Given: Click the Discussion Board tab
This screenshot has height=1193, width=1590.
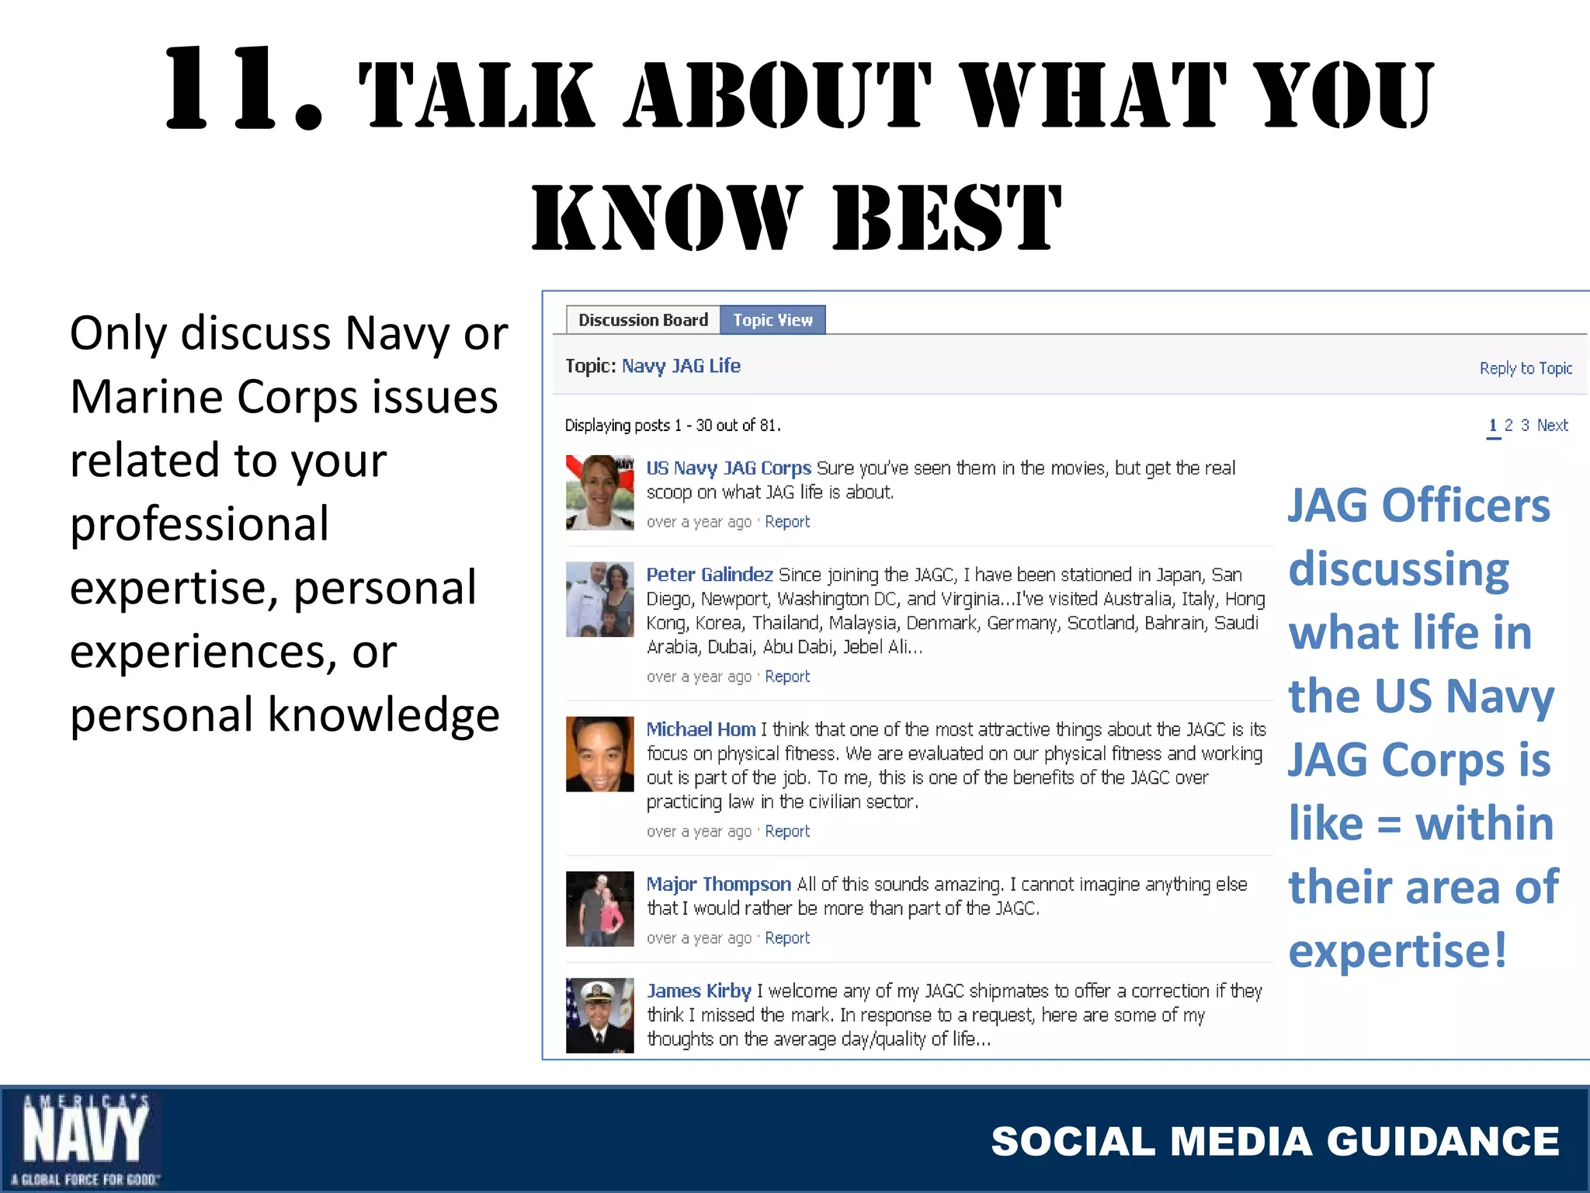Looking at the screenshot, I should [x=643, y=320].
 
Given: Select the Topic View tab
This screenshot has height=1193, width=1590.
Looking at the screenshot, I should [x=772, y=320].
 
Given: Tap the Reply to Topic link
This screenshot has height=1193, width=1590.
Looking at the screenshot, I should [x=1526, y=368].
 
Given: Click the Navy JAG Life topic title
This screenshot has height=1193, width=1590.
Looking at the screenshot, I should [x=681, y=366].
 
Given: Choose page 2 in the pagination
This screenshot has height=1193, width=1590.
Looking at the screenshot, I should [x=1508, y=426].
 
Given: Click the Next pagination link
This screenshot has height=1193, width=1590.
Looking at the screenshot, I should [x=1552, y=426].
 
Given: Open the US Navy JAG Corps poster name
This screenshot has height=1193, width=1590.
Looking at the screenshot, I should [x=728, y=468].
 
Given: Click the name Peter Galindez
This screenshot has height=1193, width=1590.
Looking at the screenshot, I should [x=710, y=575].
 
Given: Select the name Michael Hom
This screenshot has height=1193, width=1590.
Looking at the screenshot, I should [x=701, y=729].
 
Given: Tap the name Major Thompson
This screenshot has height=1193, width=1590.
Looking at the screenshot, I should [x=718, y=884].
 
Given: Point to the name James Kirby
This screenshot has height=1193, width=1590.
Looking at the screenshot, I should [x=699, y=991].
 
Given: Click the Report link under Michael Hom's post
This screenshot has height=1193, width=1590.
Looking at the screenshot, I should [x=787, y=832].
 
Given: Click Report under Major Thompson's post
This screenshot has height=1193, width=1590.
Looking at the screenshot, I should [x=787, y=938].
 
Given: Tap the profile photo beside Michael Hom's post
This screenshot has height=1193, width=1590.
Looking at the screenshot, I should [x=599, y=754].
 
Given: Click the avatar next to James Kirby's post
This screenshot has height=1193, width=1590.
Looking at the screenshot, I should [x=599, y=1015].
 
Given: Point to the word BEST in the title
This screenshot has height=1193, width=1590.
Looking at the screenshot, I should [x=946, y=217].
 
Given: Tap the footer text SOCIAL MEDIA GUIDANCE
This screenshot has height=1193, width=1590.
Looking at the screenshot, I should [x=1275, y=1142].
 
